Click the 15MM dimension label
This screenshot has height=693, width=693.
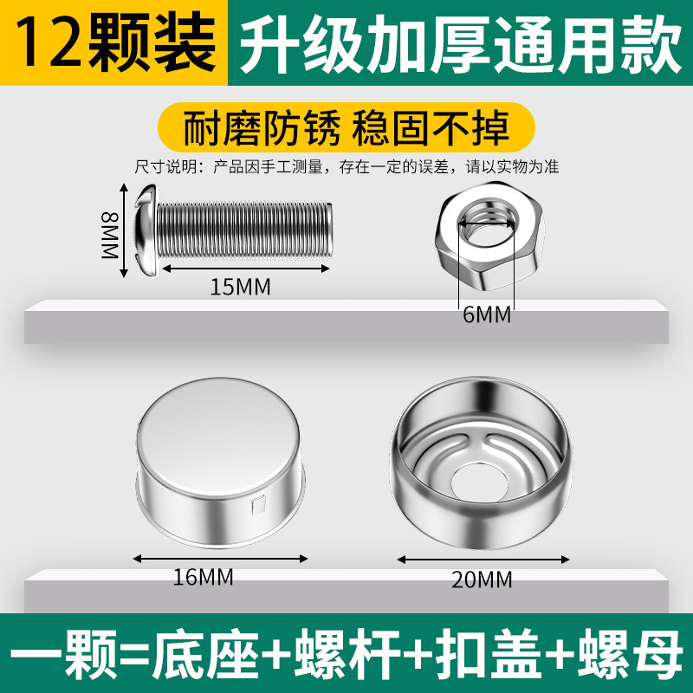(x=240, y=287)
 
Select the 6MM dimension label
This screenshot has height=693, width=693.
(x=487, y=314)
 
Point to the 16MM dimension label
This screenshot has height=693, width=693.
(x=203, y=577)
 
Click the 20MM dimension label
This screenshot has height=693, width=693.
(x=482, y=580)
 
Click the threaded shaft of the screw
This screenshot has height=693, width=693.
(x=244, y=230)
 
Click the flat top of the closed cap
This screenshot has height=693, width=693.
(x=219, y=437)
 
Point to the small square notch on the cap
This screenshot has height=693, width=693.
(x=258, y=506)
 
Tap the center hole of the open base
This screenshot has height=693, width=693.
(x=479, y=483)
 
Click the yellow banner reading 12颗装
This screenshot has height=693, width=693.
(x=113, y=42)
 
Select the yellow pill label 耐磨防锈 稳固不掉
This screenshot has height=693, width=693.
(x=346, y=127)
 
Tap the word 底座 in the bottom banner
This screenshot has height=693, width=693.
(x=205, y=655)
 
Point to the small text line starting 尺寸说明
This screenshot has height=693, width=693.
(x=346, y=167)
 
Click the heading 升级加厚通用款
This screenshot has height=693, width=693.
(x=461, y=44)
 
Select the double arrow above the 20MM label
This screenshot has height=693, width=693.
(x=483, y=560)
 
